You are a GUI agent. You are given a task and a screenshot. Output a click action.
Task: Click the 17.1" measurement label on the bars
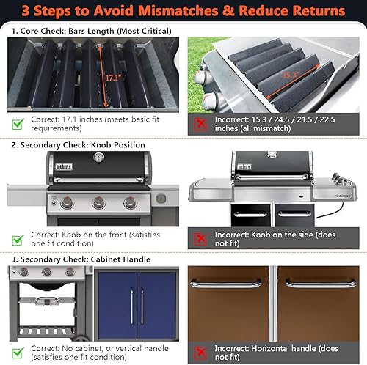114,78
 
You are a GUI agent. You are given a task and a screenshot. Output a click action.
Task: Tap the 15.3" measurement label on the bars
291,75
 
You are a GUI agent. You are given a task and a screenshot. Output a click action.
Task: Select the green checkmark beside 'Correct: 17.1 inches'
18,124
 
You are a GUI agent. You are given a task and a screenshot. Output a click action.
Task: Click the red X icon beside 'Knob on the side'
200,239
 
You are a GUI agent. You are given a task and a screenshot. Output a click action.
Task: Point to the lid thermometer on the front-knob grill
99,157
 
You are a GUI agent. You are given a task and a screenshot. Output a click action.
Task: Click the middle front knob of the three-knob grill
98,202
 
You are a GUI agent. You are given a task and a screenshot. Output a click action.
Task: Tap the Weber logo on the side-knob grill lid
244,166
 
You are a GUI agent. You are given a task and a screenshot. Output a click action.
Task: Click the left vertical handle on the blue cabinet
132,306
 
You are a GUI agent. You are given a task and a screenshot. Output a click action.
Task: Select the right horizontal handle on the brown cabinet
321,284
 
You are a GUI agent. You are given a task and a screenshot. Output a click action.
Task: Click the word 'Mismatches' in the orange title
178,11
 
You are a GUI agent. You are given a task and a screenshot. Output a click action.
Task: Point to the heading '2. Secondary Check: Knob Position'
78,145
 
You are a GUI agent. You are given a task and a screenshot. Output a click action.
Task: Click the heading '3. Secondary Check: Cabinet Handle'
81,259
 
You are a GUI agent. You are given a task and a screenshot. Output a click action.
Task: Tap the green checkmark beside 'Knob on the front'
18,240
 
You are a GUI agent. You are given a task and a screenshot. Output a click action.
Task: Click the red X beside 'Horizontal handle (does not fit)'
200,353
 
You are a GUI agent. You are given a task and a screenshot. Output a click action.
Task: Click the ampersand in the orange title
228,11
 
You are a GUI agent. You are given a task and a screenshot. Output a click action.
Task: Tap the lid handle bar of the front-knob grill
98,180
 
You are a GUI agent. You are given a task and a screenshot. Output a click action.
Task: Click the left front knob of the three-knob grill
67,203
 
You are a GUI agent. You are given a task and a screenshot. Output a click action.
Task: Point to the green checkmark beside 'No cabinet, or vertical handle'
18,353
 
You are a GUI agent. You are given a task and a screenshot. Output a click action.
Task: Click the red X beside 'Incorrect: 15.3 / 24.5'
200,124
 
